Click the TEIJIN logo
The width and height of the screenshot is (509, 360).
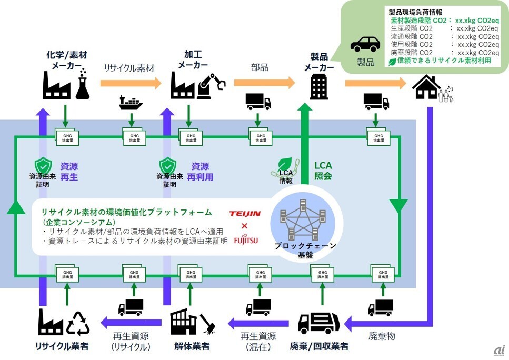245,214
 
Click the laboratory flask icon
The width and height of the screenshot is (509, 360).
83,87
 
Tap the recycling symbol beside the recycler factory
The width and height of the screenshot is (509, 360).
78,323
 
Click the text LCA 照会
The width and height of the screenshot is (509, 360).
323,171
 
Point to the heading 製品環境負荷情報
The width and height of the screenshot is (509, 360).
415,11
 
